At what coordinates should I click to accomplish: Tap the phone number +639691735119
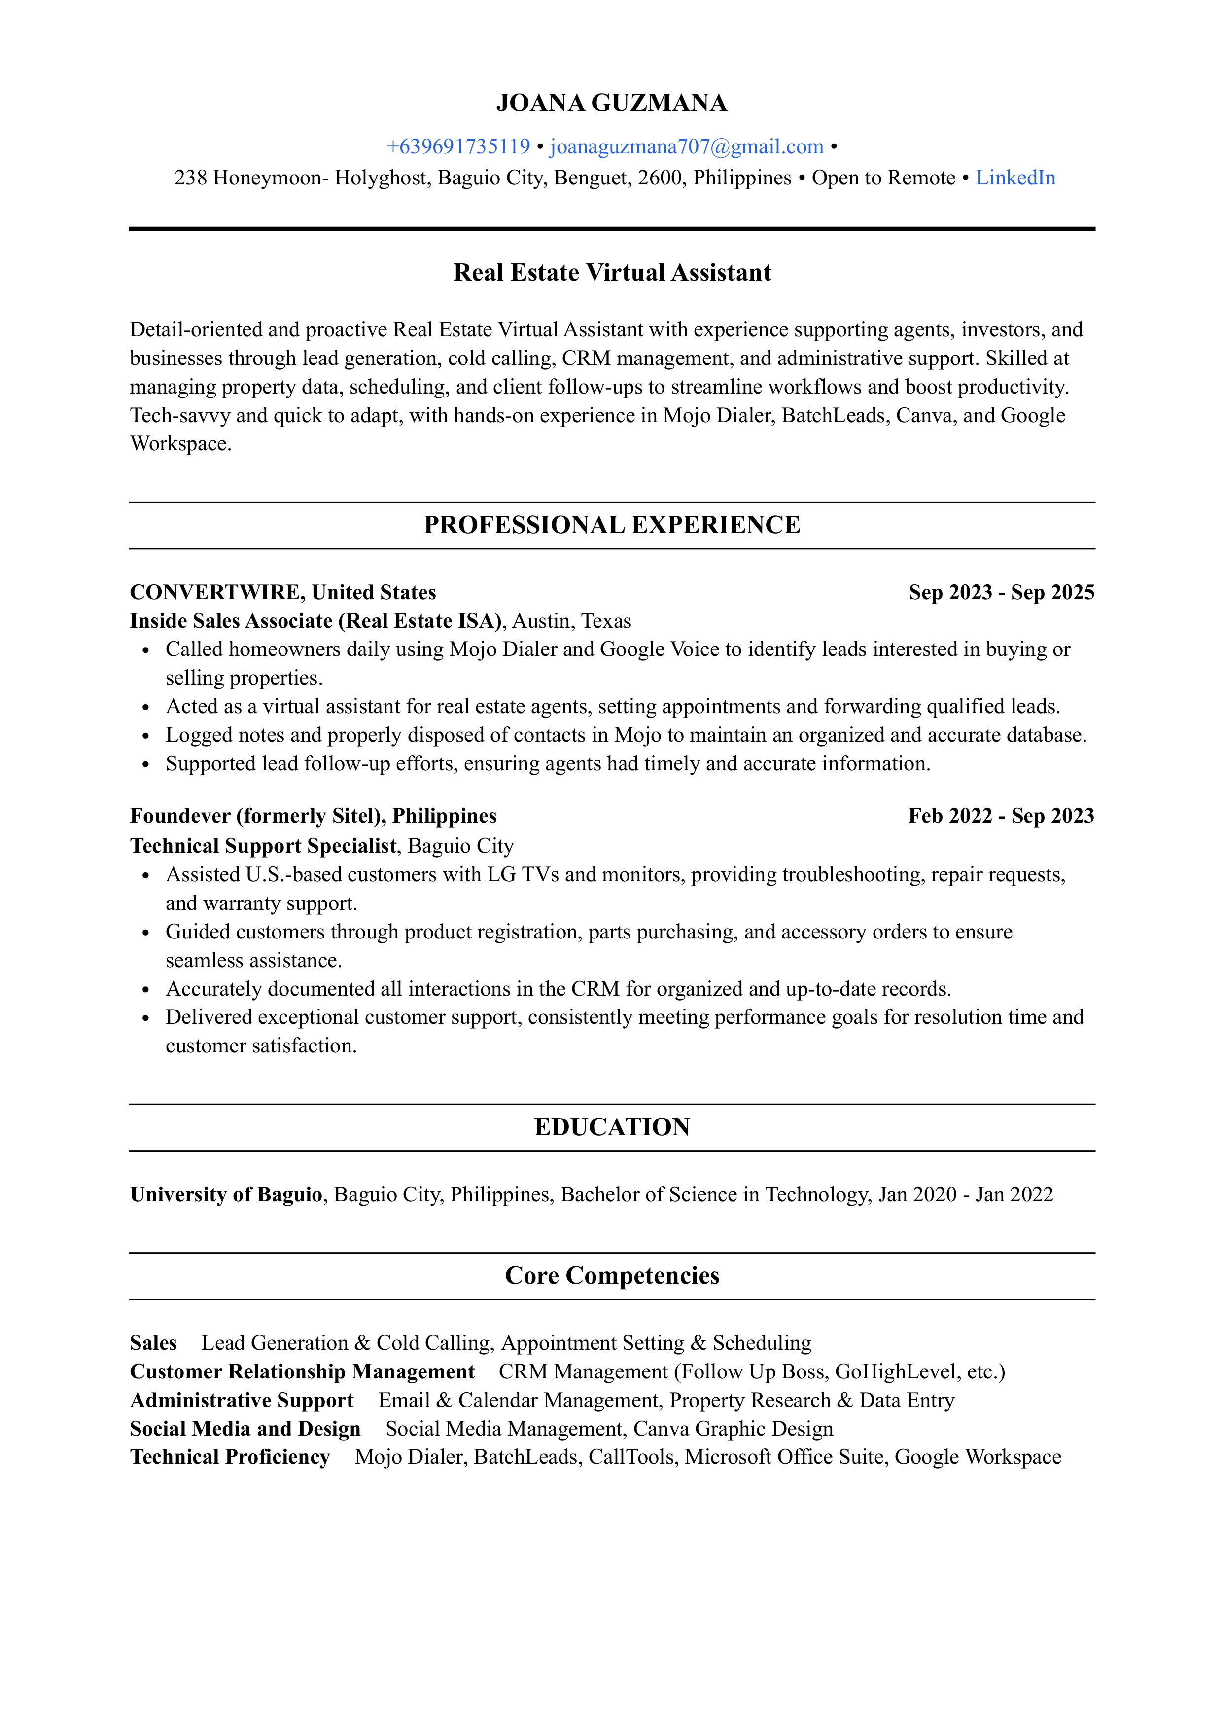click(458, 146)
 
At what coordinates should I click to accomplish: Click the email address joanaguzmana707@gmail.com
click(686, 146)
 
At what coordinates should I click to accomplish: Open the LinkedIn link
click(1015, 178)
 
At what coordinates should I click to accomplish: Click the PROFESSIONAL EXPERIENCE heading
click(612, 525)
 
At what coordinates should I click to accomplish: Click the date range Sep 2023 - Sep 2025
click(1001, 592)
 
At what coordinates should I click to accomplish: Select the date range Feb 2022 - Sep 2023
click(1001, 816)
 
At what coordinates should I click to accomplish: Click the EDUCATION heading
click(612, 1127)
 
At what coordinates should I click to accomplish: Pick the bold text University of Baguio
click(226, 1195)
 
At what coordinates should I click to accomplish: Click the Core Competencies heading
click(612, 1276)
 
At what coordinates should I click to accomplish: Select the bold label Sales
click(153, 1343)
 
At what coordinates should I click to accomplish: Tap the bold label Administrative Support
click(242, 1401)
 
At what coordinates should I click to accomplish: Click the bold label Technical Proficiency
click(230, 1457)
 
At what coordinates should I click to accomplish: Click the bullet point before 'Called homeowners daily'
click(146, 650)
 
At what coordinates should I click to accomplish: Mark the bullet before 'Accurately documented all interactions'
click(146, 990)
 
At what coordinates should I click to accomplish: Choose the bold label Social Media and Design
click(245, 1430)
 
